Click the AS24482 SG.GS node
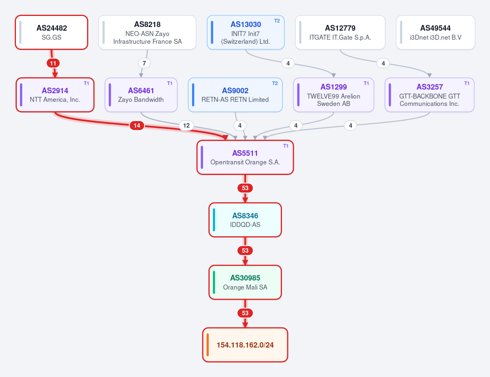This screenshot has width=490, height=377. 51,32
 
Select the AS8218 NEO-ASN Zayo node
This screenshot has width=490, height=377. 147,32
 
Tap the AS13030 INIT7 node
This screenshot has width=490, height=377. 246,32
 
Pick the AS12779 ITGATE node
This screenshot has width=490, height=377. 340,32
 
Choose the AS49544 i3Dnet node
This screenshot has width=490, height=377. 435,32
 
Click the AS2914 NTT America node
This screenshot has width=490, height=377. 55,95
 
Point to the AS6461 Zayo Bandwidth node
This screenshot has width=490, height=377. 141,95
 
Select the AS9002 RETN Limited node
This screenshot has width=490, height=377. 235,95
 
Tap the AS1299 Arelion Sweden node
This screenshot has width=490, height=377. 333,95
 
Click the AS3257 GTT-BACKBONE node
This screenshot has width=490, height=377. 430,95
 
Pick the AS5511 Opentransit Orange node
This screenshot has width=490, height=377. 245,157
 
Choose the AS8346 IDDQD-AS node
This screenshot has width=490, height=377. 245,220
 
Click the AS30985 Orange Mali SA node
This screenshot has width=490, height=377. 245,282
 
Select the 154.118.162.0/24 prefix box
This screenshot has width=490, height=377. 245,345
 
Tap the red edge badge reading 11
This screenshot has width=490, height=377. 53,63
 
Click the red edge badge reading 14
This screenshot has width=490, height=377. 137,126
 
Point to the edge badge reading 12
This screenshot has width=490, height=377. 186,126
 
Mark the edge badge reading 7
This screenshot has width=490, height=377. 144,63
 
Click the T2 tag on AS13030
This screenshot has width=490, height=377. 277,20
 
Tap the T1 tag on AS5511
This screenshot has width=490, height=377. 286,146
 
